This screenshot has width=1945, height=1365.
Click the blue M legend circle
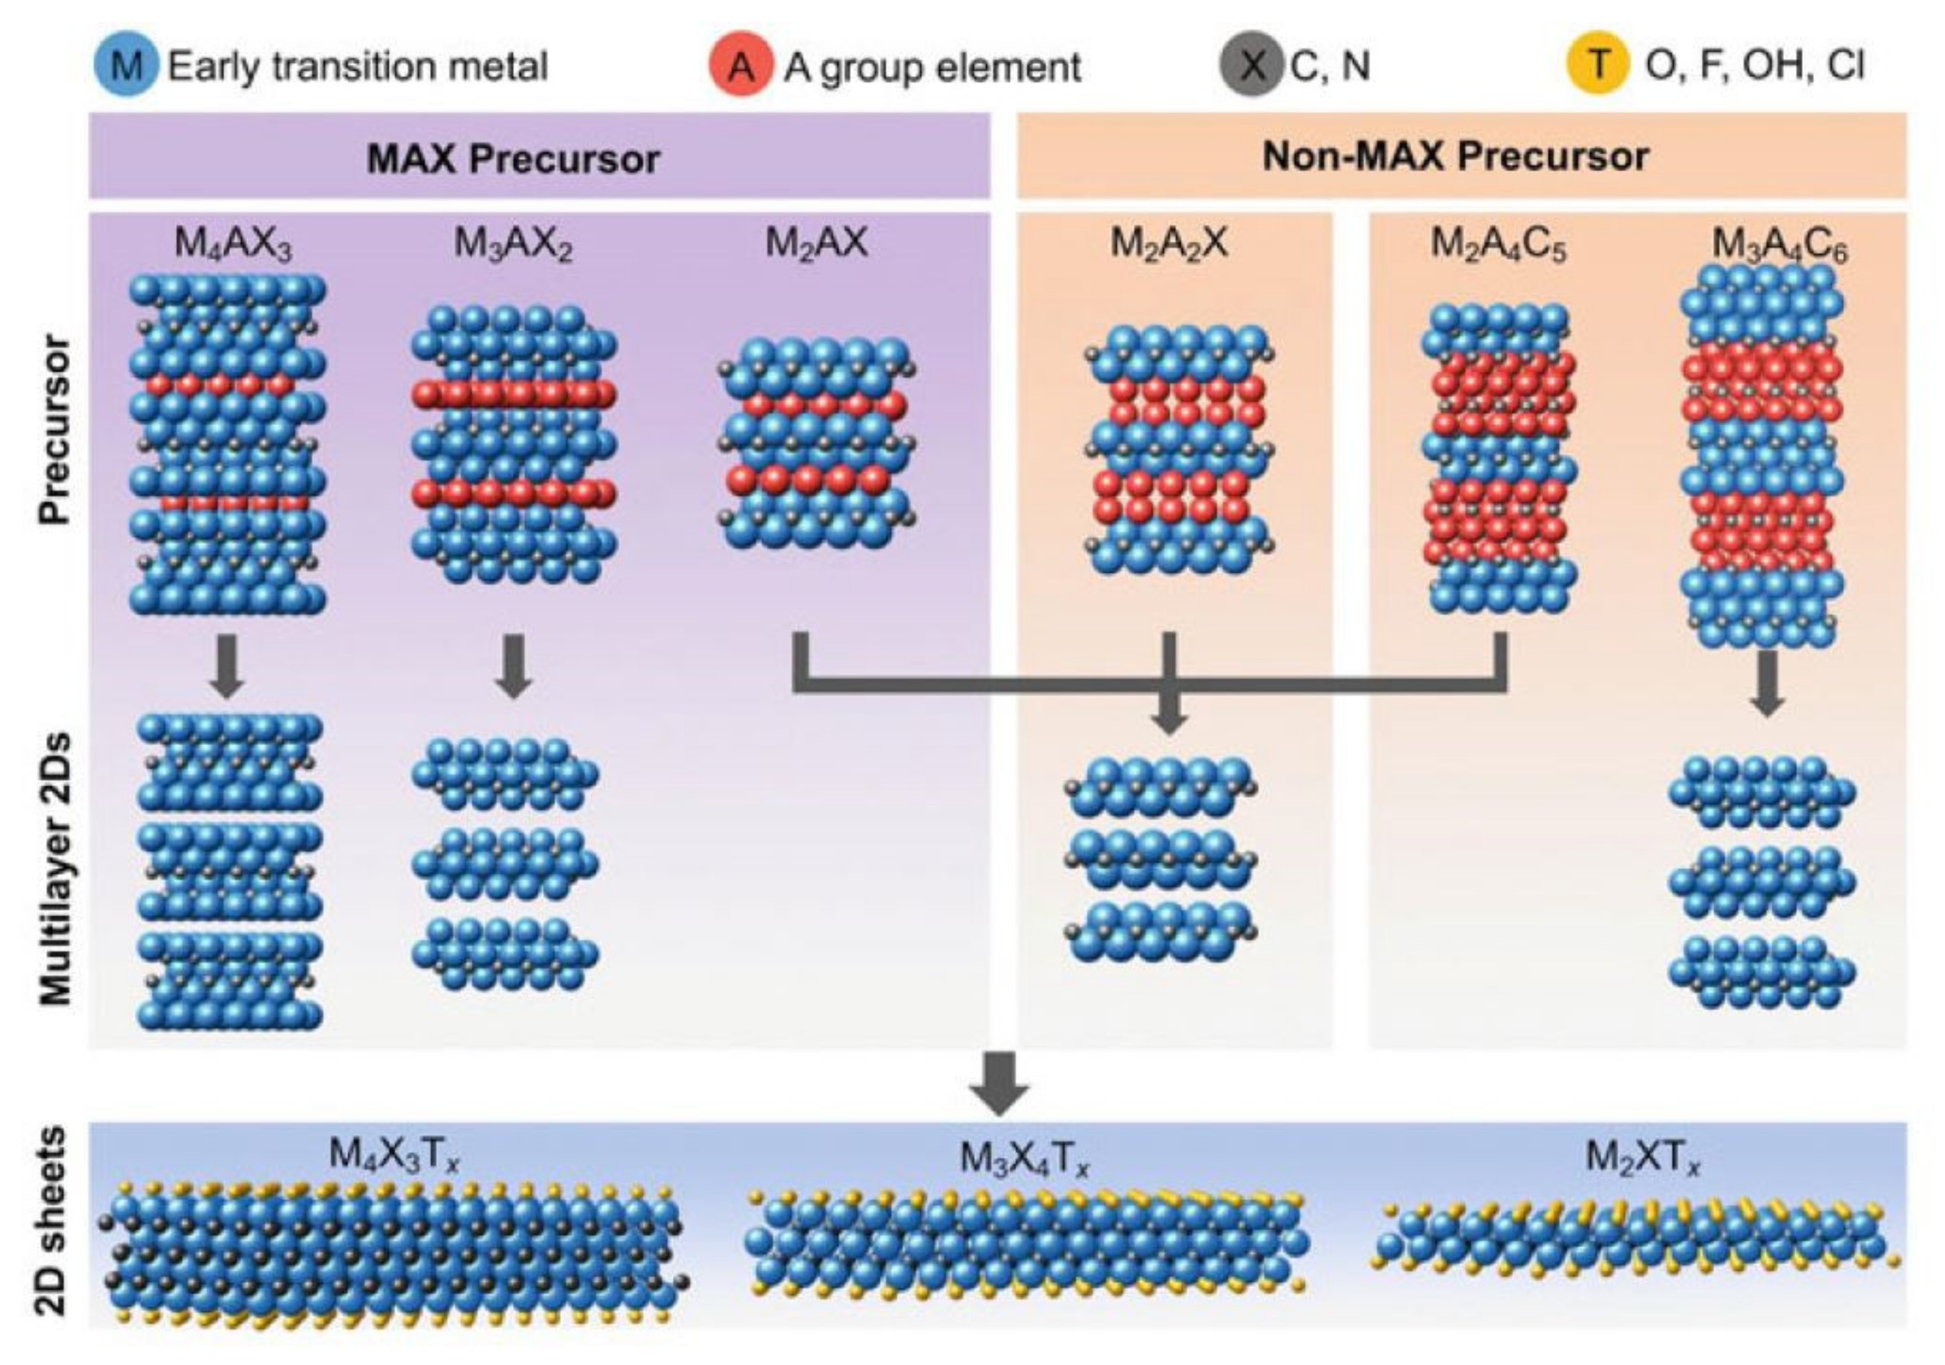pos(125,65)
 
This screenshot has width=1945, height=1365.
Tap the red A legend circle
pos(740,65)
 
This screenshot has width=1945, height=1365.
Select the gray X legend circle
pos(1251,65)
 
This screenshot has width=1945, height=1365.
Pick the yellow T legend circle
pos(1598,65)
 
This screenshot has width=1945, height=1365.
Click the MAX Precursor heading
pos(513,158)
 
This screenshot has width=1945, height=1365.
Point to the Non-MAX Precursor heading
pos(1455,157)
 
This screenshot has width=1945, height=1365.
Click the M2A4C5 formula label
pos(1498,245)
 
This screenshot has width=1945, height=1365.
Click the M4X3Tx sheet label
pos(394,1155)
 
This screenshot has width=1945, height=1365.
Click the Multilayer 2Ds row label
pos(56,869)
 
